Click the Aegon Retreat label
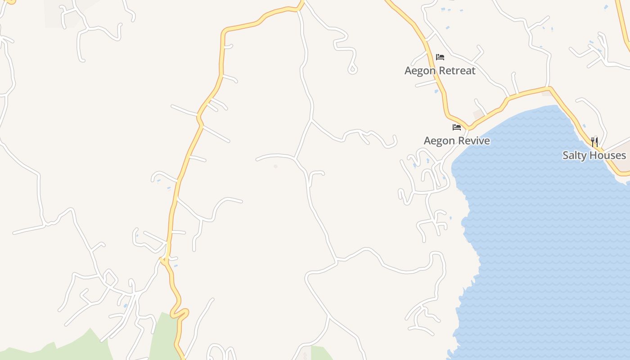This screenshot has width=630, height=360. coord(440,71)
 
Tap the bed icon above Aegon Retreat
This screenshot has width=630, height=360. coord(440,57)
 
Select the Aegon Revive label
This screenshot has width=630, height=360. coord(457,141)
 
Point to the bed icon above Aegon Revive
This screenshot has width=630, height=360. coord(457,127)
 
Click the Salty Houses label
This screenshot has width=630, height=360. coord(594,155)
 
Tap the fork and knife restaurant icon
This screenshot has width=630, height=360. coord(594,142)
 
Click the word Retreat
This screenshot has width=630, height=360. coord(458,71)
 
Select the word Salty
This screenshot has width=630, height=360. coord(575,155)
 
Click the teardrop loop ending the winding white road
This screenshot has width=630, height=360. coord(352,69)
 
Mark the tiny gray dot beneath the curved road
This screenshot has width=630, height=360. coord(275,166)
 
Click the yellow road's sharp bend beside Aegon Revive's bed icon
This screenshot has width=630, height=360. coord(468,127)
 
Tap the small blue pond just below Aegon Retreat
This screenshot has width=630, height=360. coord(436,91)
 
